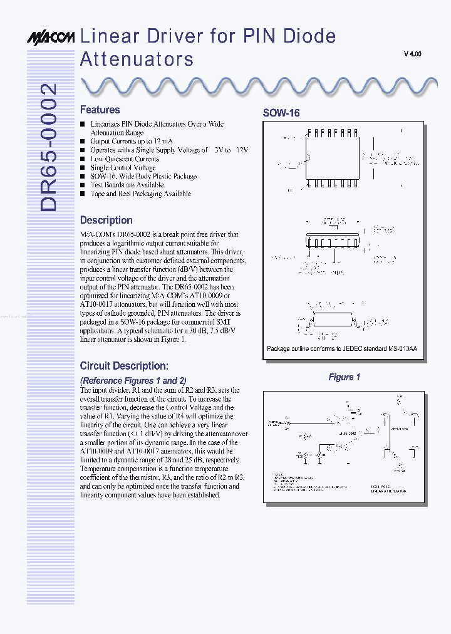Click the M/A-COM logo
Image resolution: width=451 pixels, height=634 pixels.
[51, 38]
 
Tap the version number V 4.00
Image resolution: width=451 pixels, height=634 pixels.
[412, 55]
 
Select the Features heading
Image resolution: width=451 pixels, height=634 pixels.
[100, 110]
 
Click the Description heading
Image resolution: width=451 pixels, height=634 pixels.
[106, 220]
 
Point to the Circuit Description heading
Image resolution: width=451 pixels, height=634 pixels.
[123, 365]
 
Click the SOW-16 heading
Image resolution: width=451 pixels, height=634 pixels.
[281, 113]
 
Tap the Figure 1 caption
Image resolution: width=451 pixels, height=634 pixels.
[345, 377]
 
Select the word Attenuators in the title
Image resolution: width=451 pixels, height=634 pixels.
[137, 60]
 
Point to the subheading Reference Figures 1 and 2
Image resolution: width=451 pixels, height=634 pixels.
[133, 380]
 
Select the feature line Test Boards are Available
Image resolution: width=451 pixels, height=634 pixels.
[127, 185]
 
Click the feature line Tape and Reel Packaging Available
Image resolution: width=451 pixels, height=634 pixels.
[140, 194]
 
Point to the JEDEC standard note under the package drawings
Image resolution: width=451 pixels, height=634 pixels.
[341, 348]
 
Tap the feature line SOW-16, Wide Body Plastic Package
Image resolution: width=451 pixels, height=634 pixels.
[143, 177]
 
